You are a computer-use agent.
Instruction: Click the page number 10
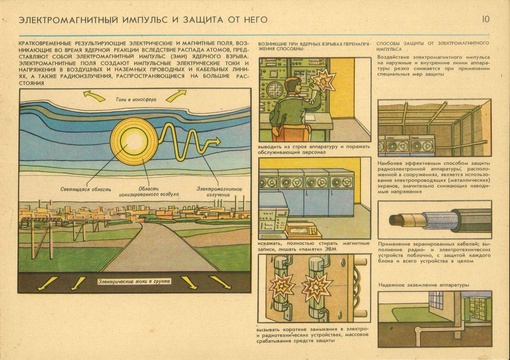485,18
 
